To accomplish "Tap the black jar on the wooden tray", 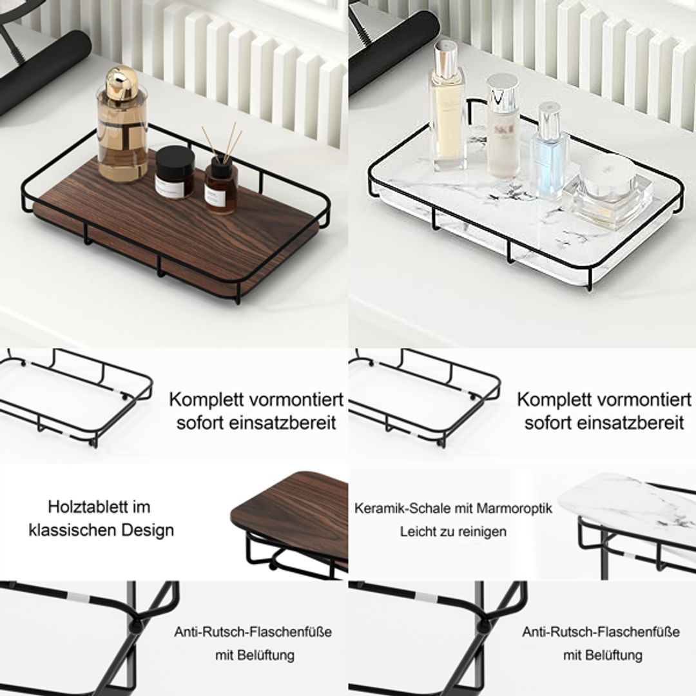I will [x=175, y=171].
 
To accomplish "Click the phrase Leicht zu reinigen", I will [x=453, y=532].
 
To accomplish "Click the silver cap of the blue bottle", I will [x=548, y=119].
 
